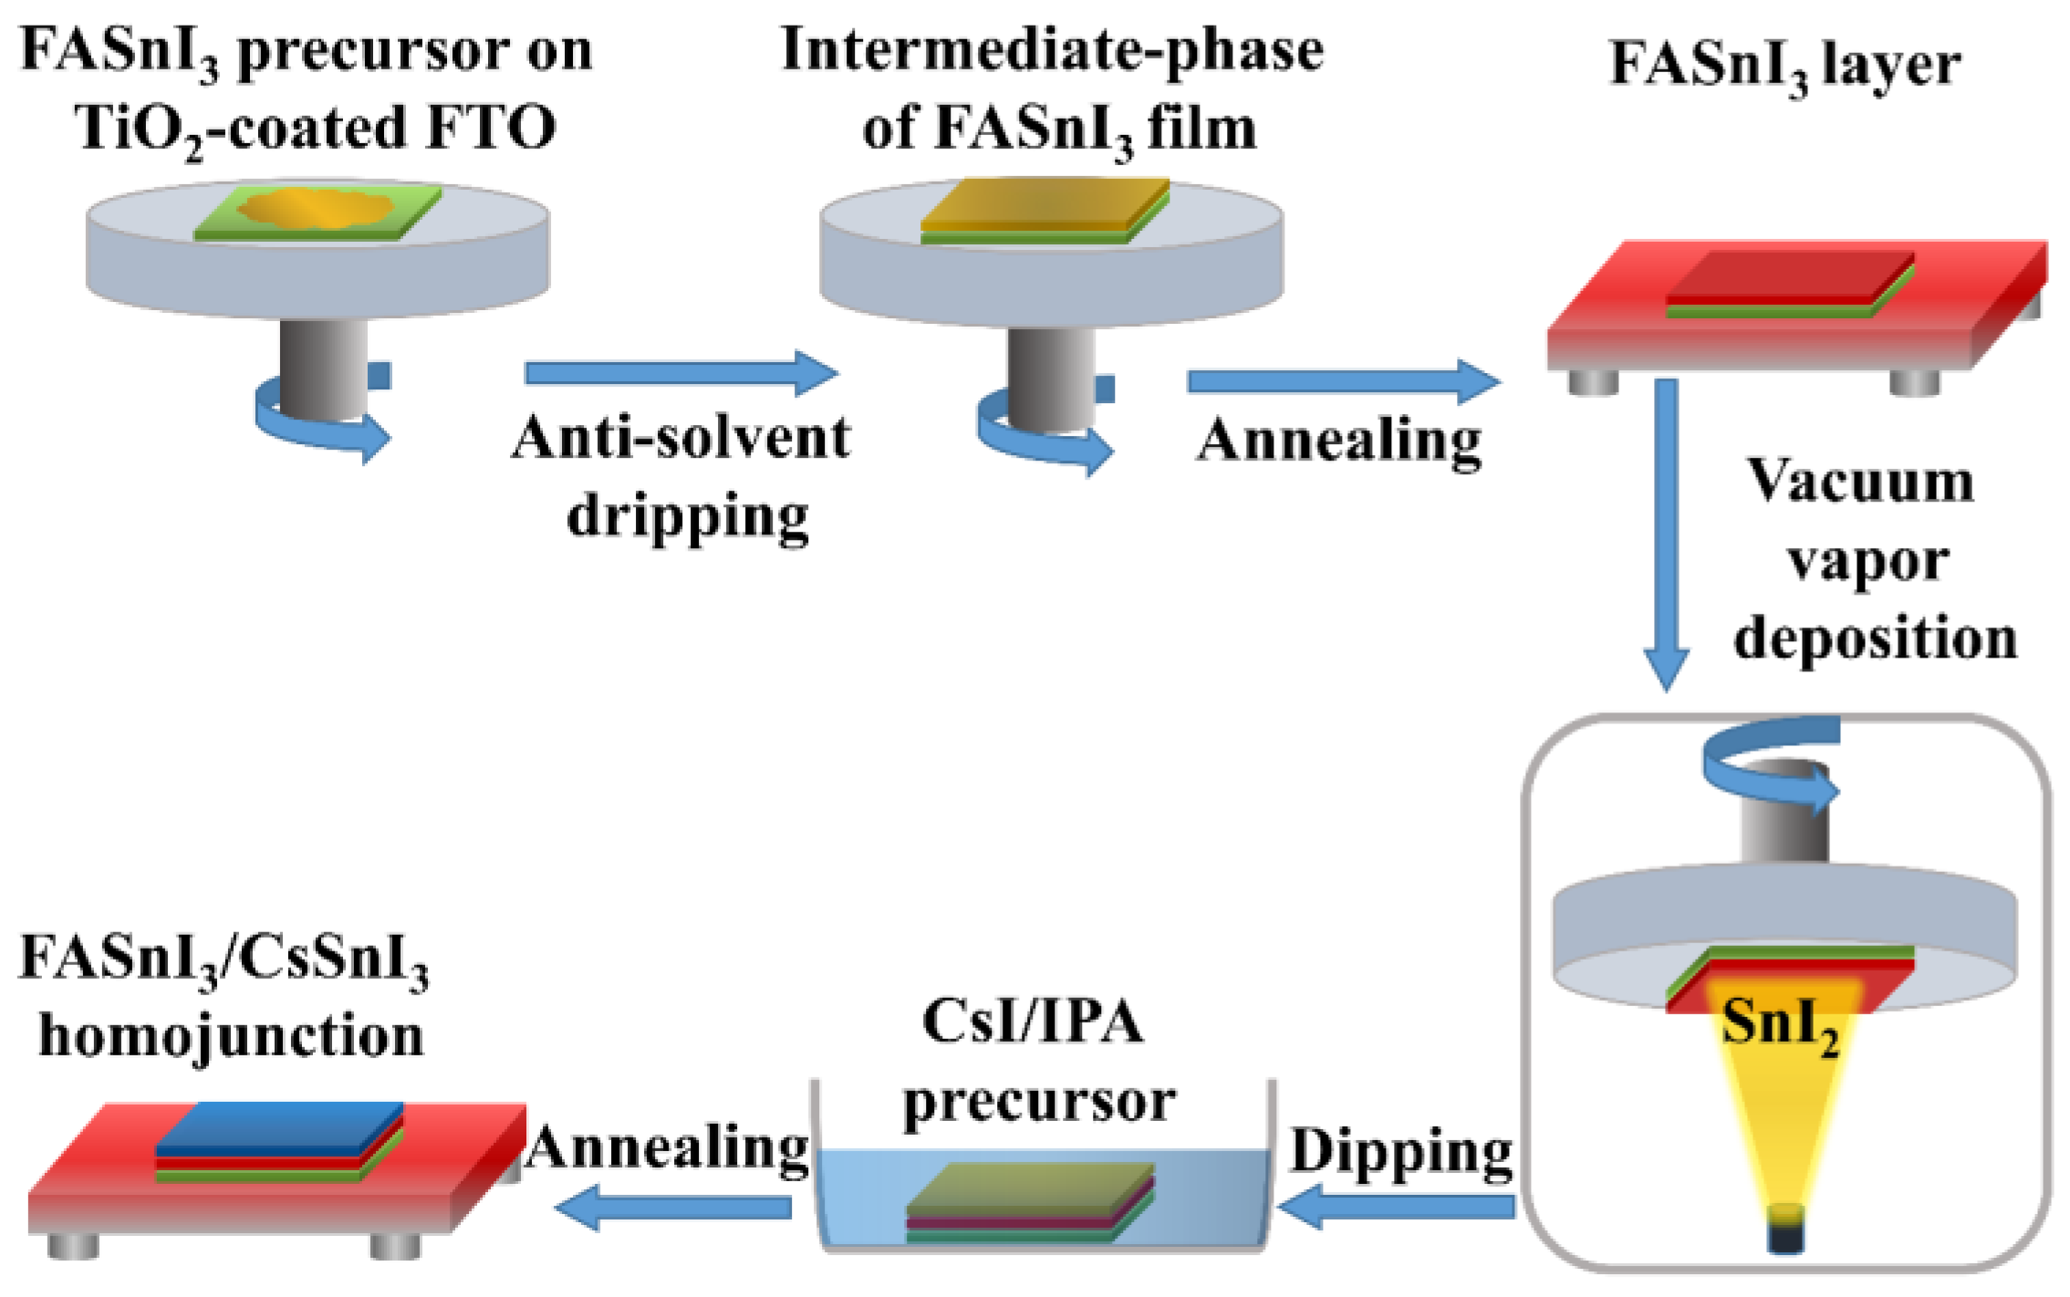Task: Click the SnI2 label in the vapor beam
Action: [x=1779, y=1025]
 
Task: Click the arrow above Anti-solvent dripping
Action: [x=681, y=372]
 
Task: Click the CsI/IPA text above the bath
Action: [x=1032, y=1022]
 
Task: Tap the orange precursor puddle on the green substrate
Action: [x=316, y=208]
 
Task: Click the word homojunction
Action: [x=231, y=1037]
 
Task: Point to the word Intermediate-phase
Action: [x=1052, y=49]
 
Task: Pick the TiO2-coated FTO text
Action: [x=316, y=128]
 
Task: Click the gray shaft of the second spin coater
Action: [x=1051, y=379]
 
